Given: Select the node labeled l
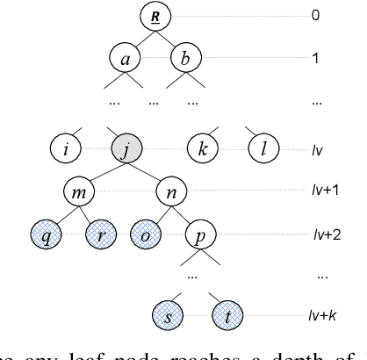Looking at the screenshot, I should point(262,147).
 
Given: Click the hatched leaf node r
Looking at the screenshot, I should point(103,234).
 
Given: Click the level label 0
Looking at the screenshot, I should point(316,16).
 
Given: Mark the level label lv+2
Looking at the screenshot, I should point(324,234).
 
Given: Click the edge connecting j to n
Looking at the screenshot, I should point(148,169).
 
